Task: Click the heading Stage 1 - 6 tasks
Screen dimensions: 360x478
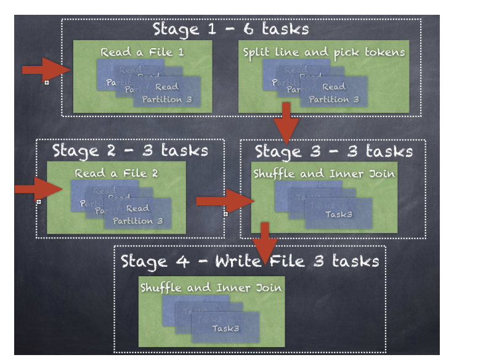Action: [x=230, y=28]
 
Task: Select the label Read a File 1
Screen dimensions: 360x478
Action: [x=142, y=52]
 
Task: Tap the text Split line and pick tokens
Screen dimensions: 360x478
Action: [x=324, y=52]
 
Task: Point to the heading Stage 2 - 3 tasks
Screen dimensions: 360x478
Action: [x=130, y=150]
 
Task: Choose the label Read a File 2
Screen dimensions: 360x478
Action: [x=116, y=173]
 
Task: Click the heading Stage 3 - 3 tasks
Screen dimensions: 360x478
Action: [x=333, y=152]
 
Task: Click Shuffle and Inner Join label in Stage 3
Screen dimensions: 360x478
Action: [x=324, y=173]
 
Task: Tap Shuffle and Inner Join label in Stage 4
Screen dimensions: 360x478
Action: [x=211, y=287]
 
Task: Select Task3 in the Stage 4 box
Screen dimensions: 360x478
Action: [x=225, y=328]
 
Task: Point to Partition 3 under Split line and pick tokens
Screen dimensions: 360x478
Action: [x=333, y=99]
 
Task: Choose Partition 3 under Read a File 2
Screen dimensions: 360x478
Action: [x=137, y=220]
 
